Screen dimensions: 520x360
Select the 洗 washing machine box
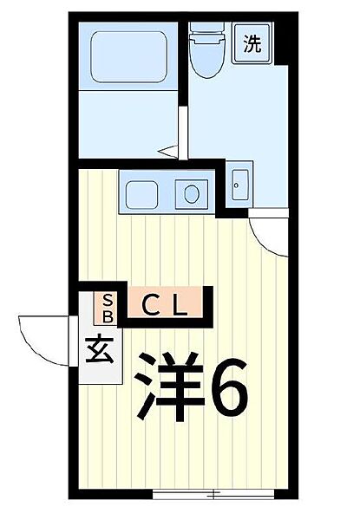(x=251, y=43)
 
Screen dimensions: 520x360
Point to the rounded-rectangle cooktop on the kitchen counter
(x=144, y=193)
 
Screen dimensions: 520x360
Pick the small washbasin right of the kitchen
(x=239, y=184)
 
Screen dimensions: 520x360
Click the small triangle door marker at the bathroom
(x=169, y=152)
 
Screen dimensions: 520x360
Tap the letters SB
(x=108, y=307)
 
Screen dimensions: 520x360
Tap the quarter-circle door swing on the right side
(x=269, y=232)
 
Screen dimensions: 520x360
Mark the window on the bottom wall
(x=213, y=496)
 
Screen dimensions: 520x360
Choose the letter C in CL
(x=149, y=305)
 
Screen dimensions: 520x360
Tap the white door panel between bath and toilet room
(x=182, y=130)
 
